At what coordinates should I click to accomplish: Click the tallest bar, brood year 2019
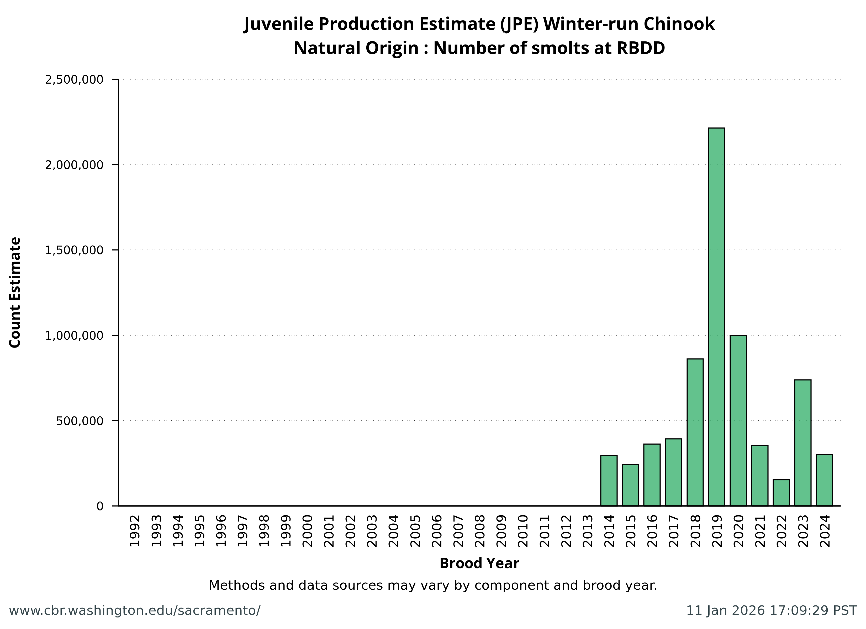(716, 317)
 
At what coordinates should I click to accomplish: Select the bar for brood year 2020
(738, 420)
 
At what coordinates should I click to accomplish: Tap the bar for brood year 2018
(695, 432)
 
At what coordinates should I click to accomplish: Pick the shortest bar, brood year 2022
(781, 492)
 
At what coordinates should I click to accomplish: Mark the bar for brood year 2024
(824, 480)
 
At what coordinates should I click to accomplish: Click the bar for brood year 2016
(652, 475)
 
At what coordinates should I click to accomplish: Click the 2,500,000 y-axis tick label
(74, 80)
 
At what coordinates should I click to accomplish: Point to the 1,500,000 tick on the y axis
(74, 250)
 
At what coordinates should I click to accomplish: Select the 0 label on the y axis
(100, 506)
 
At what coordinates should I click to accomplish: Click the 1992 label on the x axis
(135, 530)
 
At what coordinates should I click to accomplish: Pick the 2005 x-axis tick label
(415, 530)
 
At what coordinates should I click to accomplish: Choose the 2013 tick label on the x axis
(588, 530)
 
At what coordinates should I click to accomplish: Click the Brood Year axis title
(479, 563)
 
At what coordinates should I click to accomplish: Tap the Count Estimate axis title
(15, 292)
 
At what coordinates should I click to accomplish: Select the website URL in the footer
(134, 611)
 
